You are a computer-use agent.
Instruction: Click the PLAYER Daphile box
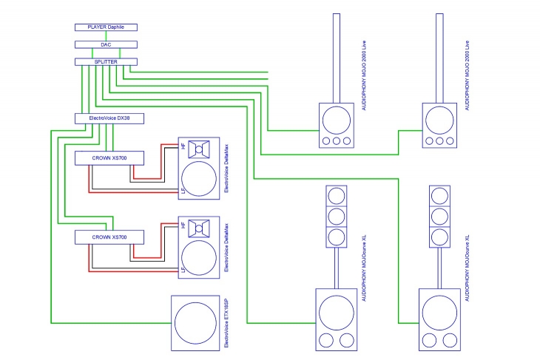(x=106, y=27)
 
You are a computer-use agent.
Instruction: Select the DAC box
(x=106, y=44)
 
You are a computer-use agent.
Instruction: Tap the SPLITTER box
(x=106, y=61)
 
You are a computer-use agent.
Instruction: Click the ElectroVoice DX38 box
(x=109, y=118)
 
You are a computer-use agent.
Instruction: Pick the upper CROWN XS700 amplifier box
(x=109, y=158)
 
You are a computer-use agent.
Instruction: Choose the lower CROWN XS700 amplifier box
(x=109, y=237)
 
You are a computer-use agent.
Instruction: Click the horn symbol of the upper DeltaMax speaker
(x=199, y=149)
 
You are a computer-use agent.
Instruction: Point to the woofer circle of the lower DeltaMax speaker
(x=199, y=258)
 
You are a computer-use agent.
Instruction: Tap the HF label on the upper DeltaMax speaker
(x=183, y=146)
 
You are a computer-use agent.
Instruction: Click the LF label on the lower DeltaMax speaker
(x=183, y=269)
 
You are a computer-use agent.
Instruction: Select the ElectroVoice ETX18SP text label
(x=226, y=323)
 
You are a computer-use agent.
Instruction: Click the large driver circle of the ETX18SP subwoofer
(x=195, y=323)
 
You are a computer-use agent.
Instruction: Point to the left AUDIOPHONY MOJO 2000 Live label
(x=364, y=75)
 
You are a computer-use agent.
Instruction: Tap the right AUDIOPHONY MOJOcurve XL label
(x=468, y=268)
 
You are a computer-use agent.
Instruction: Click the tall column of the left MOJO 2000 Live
(x=337, y=58)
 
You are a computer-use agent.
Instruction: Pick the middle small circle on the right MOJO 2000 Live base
(x=439, y=140)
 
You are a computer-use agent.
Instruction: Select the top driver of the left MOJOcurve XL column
(x=337, y=196)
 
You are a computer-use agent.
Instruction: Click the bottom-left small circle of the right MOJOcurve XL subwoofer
(x=430, y=340)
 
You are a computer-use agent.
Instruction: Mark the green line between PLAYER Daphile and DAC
(x=106, y=35)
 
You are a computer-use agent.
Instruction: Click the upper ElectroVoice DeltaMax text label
(x=226, y=169)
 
